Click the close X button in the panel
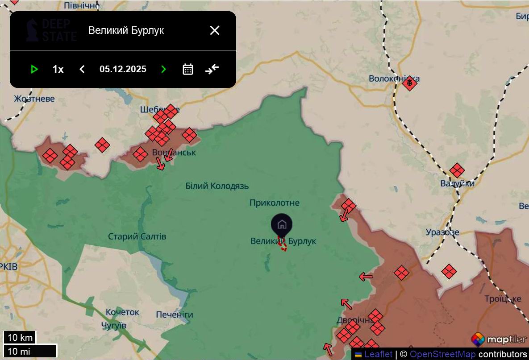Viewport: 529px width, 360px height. coord(215,30)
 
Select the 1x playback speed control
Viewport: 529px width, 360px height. coord(58,69)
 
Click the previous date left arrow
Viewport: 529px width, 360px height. coord(82,69)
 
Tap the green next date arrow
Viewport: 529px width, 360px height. coord(163,69)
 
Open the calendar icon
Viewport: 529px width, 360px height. coord(188,69)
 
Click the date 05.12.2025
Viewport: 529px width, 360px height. coord(123,69)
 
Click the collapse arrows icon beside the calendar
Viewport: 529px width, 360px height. coord(212,69)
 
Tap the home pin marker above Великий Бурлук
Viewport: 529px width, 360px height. coord(282,224)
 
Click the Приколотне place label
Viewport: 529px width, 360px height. coord(275,203)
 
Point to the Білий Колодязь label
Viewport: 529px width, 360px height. coord(217,186)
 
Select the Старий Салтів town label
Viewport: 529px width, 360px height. coord(137,236)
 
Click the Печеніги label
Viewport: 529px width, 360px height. coord(175,314)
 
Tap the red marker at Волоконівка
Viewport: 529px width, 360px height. coord(409,83)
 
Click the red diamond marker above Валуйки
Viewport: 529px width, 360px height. coord(457,170)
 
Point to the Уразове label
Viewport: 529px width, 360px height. coord(442,232)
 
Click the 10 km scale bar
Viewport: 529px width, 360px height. coord(20,337)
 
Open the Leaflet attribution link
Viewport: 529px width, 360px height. coord(378,354)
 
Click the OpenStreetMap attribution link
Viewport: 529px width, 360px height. coord(442,354)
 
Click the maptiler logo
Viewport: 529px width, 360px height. coord(499,339)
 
